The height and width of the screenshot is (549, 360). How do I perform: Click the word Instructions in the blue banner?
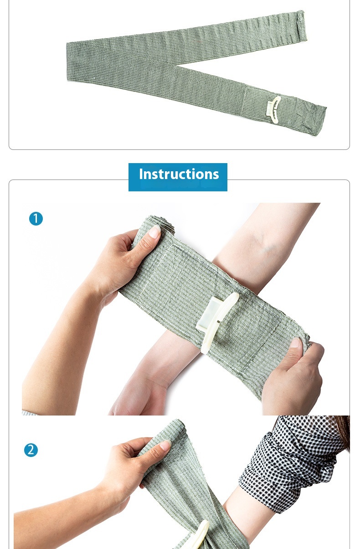pyautogui.click(x=179, y=174)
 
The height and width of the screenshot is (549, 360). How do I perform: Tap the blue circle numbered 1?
pyautogui.click(x=36, y=219)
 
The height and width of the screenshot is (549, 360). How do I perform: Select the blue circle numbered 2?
pyautogui.click(x=31, y=450)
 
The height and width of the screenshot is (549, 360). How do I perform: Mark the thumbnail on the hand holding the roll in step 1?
pyautogui.click(x=154, y=232)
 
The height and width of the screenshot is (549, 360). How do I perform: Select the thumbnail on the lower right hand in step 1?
pyautogui.click(x=296, y=342)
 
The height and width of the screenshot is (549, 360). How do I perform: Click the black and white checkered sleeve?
pyautogui.click(x=292, y=460)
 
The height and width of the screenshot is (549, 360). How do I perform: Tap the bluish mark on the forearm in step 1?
pyautogui.click(x=269, y=248)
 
